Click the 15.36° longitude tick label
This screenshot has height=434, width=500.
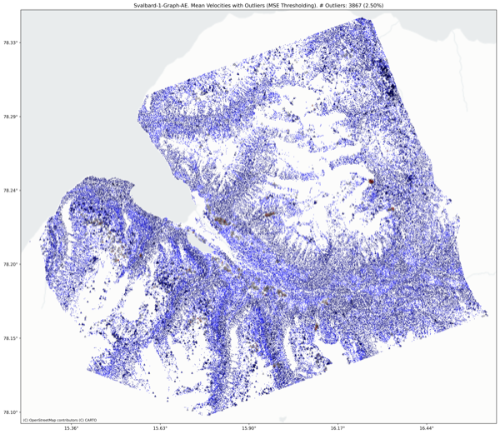pyautogui.click(x=71, y=428)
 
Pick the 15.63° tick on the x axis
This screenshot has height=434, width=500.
pyautogui.click(x=160, y=428)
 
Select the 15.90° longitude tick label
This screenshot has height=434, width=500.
pyautogui.click(x=249, y=428)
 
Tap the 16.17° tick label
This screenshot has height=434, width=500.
pyautogui.click(x=337, y=428)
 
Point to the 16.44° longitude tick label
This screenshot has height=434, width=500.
pyautogui.click(x=427, y=428)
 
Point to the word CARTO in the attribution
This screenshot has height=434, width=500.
pyautogui.click(x=88, y=420)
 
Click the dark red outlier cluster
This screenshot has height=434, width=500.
pyautogui.click(x=371, y=180)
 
